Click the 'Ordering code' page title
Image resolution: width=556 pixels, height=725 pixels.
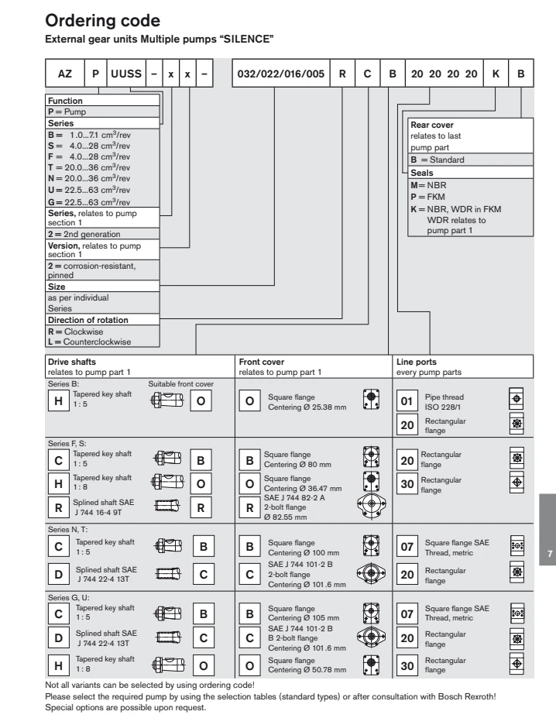[102, 21]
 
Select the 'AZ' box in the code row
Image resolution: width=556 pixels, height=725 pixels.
[65, 74]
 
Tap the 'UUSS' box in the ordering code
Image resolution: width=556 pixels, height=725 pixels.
[126, 74]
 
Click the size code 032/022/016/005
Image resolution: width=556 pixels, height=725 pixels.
[281, 74]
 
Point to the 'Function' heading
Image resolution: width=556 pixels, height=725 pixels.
[65, 101]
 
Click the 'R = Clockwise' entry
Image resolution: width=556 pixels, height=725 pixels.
[75, 332]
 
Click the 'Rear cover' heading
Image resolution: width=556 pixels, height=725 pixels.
[432, 125]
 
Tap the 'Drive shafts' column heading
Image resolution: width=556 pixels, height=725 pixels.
[72, 362]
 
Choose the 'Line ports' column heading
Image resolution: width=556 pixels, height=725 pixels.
[417, 362]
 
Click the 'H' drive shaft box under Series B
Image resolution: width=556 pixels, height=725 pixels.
[59, 400]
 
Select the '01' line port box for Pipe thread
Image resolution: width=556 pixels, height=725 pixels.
[407, 400]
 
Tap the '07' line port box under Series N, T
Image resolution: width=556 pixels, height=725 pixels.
[407, 547]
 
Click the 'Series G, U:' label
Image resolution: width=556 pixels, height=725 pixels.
[68, 597]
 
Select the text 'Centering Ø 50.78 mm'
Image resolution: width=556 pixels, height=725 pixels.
[307, 669]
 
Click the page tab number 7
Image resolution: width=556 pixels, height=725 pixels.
[550, 554]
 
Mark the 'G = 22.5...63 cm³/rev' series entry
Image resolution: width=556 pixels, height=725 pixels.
[89, 202]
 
